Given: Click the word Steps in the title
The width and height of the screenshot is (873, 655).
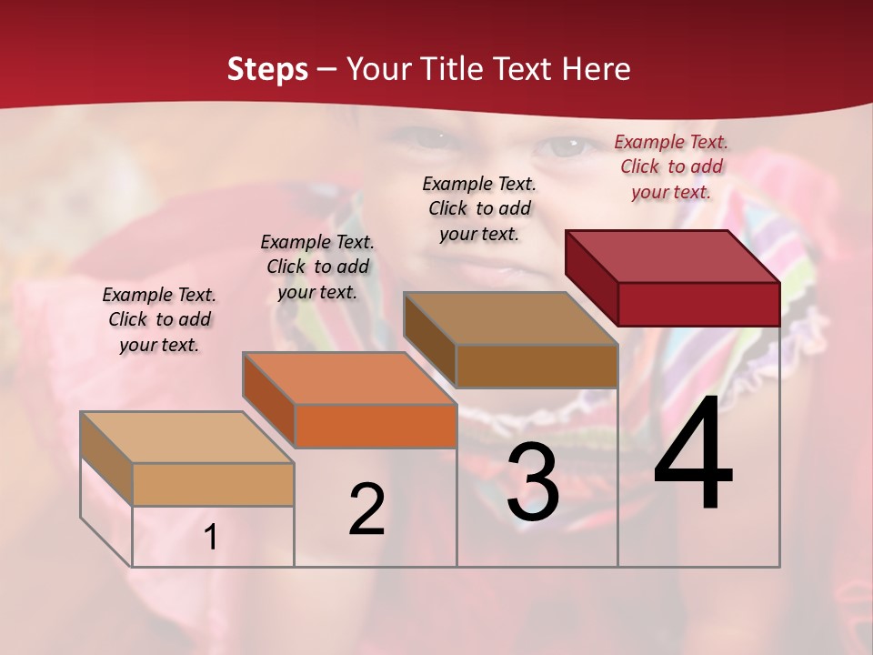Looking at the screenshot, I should click(267, 69).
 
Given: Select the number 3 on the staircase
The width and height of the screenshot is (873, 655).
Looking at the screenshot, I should click(533, 483).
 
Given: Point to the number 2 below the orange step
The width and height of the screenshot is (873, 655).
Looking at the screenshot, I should click(367, 509).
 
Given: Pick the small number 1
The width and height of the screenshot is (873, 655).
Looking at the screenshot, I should click(211, 538).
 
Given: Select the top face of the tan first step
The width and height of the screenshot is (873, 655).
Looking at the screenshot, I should click(187, 438).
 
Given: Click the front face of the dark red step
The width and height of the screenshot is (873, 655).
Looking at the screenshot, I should click(698, 304).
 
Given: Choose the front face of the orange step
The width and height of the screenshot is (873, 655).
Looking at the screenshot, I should click(376, 426).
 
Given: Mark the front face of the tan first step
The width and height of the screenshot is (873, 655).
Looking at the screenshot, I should click(213, 484).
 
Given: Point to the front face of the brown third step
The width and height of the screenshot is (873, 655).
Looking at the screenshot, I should click(537, 366).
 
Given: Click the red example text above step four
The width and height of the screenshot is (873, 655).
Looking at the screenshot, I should click(671, 166).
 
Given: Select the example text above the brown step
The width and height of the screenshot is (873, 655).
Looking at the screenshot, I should click(479, 208).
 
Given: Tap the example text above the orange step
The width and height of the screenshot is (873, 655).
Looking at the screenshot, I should click(317, 267).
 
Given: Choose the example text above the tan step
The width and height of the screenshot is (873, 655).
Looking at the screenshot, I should click(159, 319).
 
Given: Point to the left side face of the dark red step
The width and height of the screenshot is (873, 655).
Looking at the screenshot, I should click(591, 277).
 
